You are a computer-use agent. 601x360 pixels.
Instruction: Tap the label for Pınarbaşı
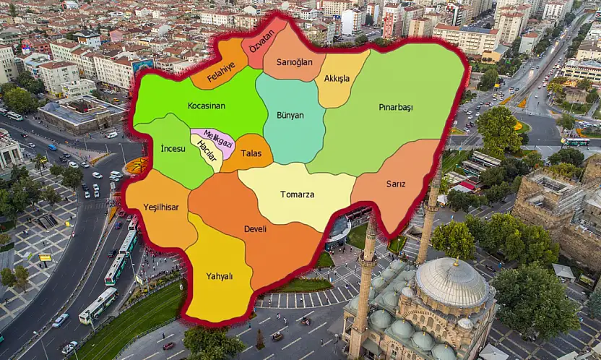(x=396, y=107)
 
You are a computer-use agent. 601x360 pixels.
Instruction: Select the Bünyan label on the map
(x=290, y=115)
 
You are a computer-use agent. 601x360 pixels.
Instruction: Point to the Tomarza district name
(x=297, y=194)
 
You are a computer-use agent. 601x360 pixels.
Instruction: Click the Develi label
(x=256, y=228)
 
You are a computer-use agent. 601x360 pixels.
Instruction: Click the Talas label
(x=251, y=153)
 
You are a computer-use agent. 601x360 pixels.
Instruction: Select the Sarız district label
(x=395, y=184)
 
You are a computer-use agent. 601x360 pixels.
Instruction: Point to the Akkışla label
(x=337, y=78)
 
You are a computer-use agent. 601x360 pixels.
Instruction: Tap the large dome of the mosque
(x=451, y=283)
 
